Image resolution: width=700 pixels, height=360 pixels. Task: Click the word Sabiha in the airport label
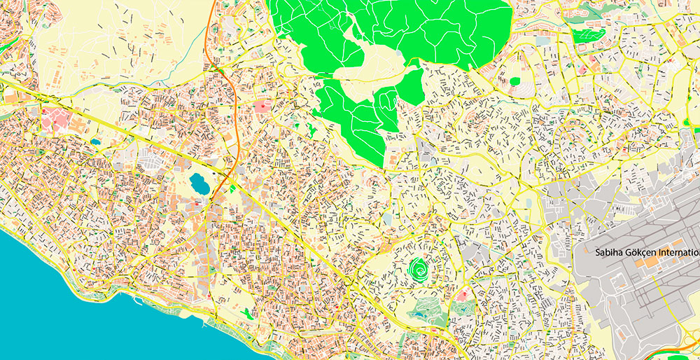coord(610,253)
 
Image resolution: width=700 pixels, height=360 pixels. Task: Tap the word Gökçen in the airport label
coord(644,253)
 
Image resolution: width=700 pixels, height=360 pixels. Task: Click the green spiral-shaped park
coord(420,268)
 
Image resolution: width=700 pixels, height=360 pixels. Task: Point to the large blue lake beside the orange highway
coord(199,184)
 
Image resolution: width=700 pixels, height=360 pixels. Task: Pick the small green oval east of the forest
coord(515,81)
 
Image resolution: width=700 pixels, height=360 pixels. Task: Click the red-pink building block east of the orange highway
coord(263,106)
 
